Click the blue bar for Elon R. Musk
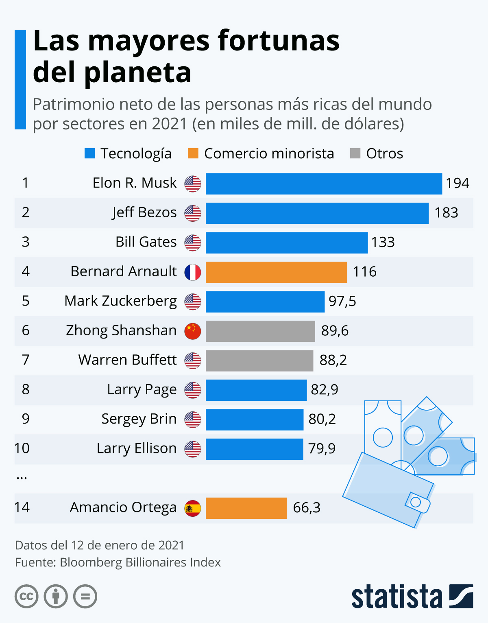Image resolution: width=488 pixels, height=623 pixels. coord(324,184)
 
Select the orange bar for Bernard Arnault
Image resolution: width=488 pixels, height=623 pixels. coord(276,272)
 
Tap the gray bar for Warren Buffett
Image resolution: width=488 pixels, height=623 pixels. coord(259,361)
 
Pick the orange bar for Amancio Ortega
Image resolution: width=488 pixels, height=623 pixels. coord(246,508)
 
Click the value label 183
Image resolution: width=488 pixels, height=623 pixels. coord(446,213)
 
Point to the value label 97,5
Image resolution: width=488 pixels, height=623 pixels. coord(342,302)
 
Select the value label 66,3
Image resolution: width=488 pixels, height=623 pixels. coord(307,508)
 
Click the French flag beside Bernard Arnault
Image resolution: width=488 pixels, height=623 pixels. coord(193,272)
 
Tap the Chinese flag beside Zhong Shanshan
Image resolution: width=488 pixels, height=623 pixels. coord(193,331)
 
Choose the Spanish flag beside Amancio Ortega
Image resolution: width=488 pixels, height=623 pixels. coord(193,508)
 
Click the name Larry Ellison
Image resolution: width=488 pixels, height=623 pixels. coord(137,448)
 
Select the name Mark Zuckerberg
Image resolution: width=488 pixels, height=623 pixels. coord(121,301)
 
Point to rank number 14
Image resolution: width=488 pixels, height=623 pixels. coord(22,507)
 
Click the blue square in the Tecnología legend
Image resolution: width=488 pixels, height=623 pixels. coord(89,153)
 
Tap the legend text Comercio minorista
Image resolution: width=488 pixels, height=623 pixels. coord(269,154)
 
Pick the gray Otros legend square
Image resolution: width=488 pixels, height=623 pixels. coord(355,153)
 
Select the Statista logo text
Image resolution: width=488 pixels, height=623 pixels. coord(396,597)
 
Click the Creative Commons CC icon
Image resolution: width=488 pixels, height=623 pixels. coord(26,597)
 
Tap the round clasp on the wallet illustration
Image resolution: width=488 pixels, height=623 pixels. coord(416,502)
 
